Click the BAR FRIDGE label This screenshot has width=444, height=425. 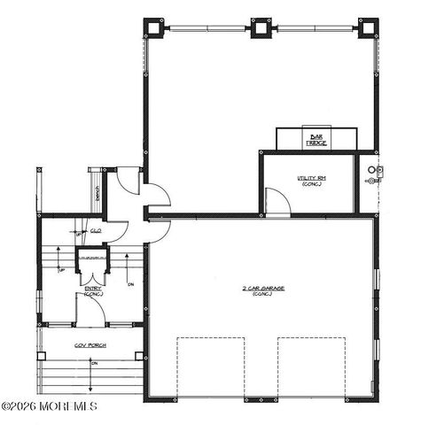click(316, 139)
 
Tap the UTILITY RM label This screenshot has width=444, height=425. click(312, 181)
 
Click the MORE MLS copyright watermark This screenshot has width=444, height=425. click(49, 406)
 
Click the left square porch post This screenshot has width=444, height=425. click(41, 356)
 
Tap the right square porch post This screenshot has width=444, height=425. click(138, 356)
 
